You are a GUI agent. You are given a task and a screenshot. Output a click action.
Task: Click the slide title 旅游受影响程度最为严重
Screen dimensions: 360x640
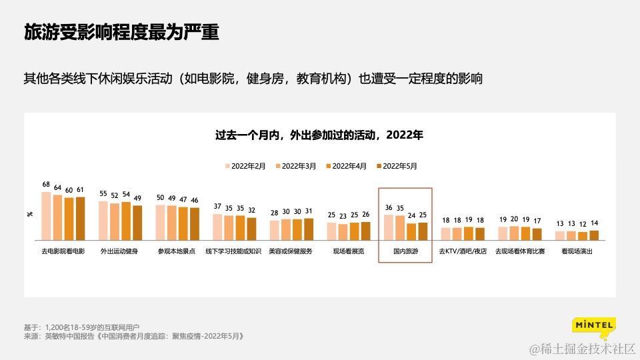coord(121,32)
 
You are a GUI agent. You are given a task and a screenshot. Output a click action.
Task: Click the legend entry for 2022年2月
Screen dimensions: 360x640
coord(246,166)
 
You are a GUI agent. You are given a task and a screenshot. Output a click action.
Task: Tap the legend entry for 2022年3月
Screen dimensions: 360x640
coord(296,166)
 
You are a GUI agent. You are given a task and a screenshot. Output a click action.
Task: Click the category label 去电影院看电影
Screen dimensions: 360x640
coord(63,251)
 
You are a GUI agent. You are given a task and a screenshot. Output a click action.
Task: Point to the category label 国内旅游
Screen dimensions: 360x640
coord(405,251)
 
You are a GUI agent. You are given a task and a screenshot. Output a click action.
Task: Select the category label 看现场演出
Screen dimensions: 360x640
coord(577,251)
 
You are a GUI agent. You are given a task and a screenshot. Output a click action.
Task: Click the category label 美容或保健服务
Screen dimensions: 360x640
coord(291,251)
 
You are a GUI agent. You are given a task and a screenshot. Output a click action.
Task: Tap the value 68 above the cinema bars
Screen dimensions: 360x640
coord(46,184)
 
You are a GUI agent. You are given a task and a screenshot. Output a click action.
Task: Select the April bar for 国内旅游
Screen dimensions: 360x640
coord(411,231)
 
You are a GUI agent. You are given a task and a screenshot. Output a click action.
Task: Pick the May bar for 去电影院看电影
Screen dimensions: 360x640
coord(80,218)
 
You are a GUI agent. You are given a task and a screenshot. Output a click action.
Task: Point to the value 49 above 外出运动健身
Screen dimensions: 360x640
coord(137,198)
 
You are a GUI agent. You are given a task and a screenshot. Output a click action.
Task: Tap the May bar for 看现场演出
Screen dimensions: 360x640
coord(594,235)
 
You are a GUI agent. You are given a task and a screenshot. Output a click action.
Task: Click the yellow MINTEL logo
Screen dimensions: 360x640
coord(593,326)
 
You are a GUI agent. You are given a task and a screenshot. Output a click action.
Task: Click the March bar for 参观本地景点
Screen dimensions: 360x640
coord(171,223)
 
